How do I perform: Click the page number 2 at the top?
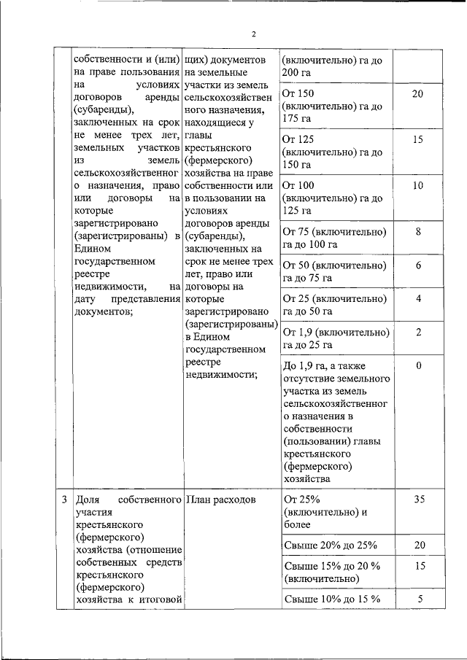pos(254,34)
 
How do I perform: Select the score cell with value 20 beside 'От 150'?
pos(418,94)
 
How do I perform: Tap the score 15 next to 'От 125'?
pos(418,139)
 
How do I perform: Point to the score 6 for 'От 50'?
pos(418,265)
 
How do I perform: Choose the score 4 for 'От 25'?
pos(418,298)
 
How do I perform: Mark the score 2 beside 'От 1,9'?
pos(418,332)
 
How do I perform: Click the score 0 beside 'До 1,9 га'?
pos(418,365)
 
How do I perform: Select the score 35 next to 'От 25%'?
pos(418,500)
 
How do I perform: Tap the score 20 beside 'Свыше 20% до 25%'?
pos(418,545)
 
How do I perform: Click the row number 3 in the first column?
pos(64,500)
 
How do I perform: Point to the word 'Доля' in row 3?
pos(85,500)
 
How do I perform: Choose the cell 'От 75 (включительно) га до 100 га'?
pos(334,238)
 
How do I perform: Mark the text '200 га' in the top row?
pos(296,73)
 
